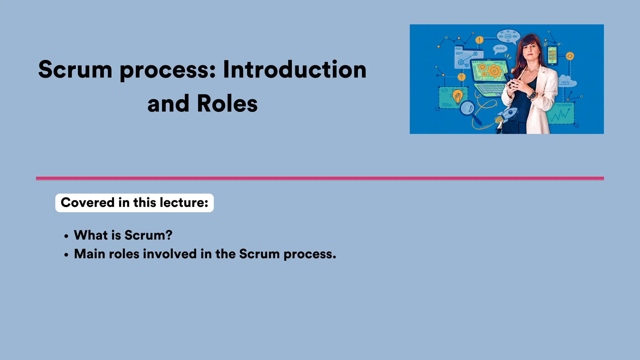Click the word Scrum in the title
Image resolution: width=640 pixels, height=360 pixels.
tap(75, 69)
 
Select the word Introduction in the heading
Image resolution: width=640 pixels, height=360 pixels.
tap(294, 69)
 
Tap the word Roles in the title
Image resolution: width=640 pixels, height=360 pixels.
tap(227, 104)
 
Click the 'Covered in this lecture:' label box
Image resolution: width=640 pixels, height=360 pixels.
tap(134, 203)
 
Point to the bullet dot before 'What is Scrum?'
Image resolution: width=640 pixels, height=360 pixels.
tap(66, 237)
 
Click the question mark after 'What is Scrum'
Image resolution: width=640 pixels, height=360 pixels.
tap(169, 235)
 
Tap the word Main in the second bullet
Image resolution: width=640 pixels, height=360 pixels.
tap(89, 254)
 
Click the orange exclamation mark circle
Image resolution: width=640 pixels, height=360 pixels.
tap(479, 40)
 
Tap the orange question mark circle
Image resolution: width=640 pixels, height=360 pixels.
tap(461, 77)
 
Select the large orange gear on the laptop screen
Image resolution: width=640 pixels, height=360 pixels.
tap(494, 71)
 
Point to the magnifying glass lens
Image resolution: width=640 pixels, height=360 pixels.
tap(467, 108)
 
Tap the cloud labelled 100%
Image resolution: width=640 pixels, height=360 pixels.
tap(567, 82)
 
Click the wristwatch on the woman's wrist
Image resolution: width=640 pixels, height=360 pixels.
tap(532, 94)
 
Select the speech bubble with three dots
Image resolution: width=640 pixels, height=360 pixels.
tap(500, 49)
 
